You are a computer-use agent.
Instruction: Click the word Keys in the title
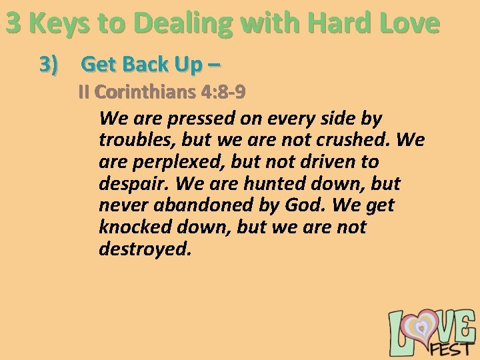click(59, 23)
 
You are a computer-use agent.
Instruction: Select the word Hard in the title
click(333, 23)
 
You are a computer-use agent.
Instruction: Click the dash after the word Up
click(213, 65)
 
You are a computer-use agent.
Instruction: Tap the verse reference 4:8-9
click(223, 91)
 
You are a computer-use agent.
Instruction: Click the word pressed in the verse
click(197, 119)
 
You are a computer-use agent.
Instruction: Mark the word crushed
click(358, 141)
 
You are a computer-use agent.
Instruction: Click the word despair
click(131, 183)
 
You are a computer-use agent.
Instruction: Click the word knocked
click(136, 227)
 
